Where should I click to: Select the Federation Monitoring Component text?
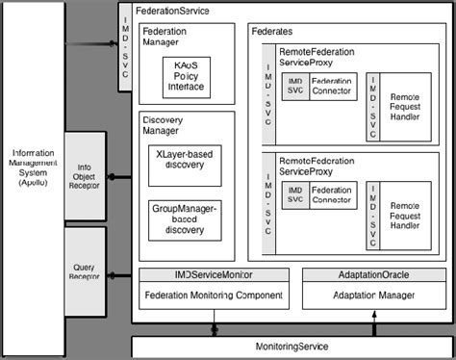pyautogui.click(x=214, y=296)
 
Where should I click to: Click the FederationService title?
pyautogui.click(x=173, y=11)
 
